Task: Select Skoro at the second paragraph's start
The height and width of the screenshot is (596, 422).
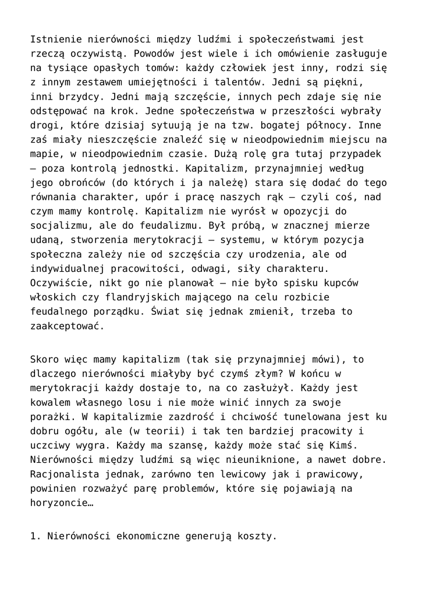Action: coord(44,359)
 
